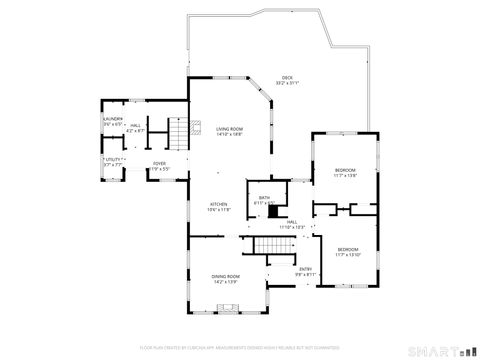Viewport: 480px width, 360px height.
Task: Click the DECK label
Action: click(x=287, y=77)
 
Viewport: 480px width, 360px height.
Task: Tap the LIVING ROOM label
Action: click(x=230, y=129)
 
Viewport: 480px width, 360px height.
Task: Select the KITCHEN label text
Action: click(x=219, y=206)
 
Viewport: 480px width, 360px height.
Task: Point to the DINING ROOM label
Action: click(x=225, y=276)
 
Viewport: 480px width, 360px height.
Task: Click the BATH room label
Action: click(x=264, y=198)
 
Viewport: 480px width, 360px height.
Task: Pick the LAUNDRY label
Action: click(x=111, y=119)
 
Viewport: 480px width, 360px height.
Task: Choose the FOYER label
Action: click(x=159, y=163)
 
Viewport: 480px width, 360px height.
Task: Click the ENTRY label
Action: click(x=306, y=268)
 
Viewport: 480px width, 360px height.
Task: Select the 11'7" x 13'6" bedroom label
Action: click(x=345, y=171)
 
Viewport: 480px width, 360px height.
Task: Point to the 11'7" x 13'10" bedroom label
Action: click(x=347, y=249)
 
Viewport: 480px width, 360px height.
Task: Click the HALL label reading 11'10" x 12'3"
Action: click(x=292, y=224)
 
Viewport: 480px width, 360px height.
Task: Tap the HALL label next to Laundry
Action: click(x=134, y=126)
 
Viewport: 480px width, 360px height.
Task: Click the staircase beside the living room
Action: click(x=177, y=132)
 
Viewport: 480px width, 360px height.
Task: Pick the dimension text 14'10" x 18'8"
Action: click(x=230, y=134)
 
